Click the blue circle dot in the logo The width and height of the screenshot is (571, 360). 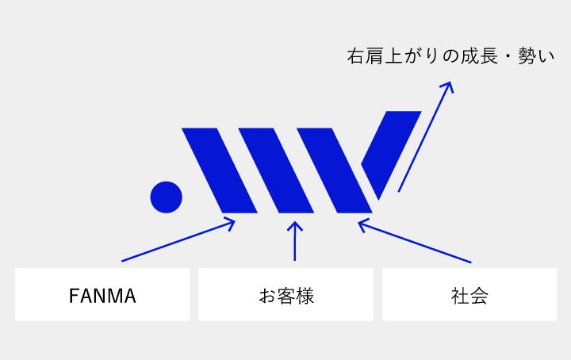167,197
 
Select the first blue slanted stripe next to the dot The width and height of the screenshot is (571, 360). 220,170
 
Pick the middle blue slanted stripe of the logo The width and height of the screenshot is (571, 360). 276,170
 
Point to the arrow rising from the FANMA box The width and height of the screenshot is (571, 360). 178,240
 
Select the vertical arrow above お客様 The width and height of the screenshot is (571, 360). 294,241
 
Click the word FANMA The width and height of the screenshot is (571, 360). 102,297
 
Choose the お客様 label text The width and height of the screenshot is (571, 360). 285,297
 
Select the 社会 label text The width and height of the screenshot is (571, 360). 469,297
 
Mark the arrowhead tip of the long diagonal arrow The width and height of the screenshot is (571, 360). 450,82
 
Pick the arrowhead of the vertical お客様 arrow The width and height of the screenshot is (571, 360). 294,224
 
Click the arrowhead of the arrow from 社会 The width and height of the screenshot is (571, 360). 360,223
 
